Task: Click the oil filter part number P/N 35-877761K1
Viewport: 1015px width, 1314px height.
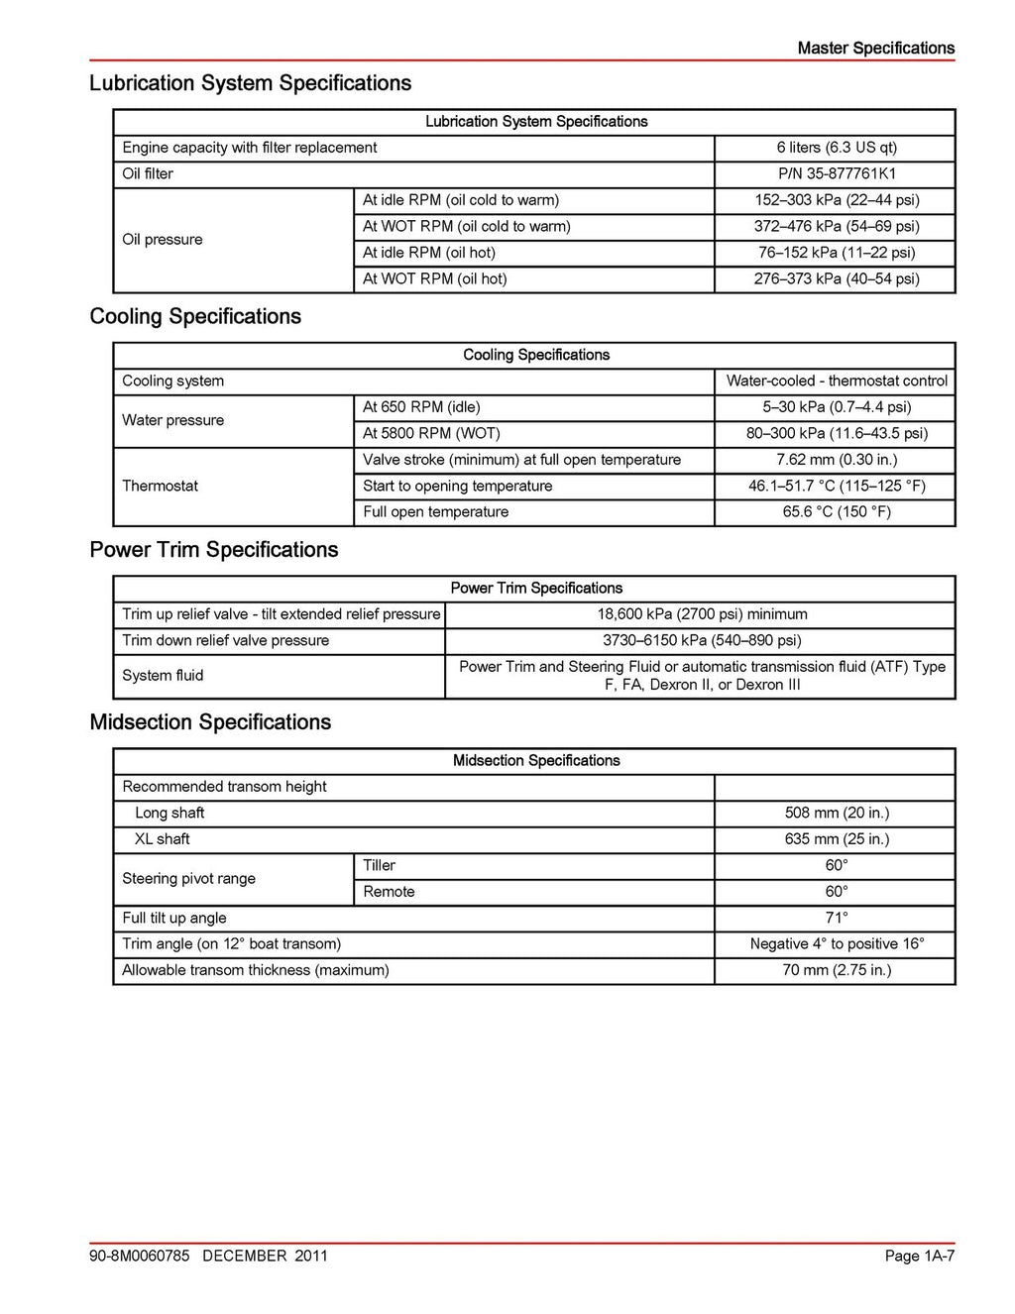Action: [836, 173]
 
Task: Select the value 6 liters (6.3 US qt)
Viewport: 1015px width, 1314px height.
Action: [836, 148]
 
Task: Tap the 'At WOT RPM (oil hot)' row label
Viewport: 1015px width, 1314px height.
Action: [434, 278]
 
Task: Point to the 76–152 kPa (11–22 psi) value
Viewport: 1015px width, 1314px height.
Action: [836, 253]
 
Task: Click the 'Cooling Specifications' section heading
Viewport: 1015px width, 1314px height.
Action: [195, 317]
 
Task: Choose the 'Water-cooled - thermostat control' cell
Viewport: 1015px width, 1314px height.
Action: [836, 381]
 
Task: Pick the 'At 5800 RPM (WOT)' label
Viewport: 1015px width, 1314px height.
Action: [431, 433]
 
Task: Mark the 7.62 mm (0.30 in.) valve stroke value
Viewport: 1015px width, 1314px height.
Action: [836, 460]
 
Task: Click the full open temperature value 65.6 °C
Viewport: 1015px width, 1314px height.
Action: [836, 512]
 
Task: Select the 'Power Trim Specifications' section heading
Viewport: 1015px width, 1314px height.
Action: [213, 550]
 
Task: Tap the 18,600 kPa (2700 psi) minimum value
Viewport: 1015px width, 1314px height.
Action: [701, 614]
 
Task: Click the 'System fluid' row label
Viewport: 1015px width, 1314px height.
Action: [163, 676]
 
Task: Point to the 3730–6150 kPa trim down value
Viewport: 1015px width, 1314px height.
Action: [701, 640]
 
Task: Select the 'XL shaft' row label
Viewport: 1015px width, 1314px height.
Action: [162, 839]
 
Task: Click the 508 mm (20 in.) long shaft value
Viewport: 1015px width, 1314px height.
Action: [836, 813]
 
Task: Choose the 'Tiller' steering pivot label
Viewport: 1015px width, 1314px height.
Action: [379, 865]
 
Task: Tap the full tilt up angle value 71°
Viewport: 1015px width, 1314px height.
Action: [836, 918]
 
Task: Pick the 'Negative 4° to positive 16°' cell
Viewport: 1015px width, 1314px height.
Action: [836, 944]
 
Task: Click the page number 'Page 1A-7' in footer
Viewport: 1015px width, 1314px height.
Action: [919, 1257]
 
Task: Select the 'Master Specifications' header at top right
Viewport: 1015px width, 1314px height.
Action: [875, 48]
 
